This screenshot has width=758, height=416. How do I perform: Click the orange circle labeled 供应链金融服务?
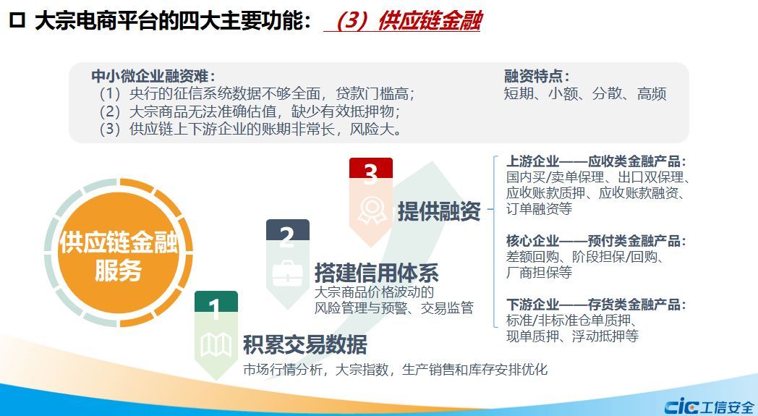click(119, 252)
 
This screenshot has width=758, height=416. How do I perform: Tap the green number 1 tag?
click(216, 302)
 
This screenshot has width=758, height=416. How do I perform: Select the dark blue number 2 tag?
click(288, 230)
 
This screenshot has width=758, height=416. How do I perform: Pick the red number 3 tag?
click(371, 169)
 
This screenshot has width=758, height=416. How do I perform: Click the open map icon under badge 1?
click(216, 345)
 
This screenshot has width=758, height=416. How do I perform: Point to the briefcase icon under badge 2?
click(288, 273)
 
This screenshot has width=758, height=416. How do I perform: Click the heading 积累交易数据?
click(305, 344)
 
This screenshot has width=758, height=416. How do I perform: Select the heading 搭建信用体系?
click(377, 273)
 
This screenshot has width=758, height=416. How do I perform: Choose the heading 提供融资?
click(439, 211)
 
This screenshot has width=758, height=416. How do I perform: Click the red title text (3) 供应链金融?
click(409, 21)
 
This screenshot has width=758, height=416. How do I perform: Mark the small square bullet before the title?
click(17, 21)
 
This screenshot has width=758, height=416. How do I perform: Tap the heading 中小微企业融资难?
click(153, 76)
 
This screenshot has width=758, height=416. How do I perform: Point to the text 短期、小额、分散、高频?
click(585, 93)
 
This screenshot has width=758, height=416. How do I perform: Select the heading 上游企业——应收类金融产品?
click(596, 161)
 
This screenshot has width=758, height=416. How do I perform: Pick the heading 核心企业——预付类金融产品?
click(596, 240)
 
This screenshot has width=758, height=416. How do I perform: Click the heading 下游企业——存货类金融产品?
click(596, 305)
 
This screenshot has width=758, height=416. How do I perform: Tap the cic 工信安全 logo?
click(710, 405)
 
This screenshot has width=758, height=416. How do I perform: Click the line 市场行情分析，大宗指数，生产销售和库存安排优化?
click(396, 370)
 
